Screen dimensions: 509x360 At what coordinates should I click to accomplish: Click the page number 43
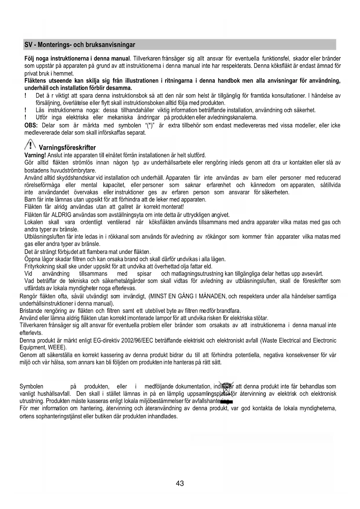(180, 483)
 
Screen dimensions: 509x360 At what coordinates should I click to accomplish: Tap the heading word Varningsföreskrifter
(67, 148)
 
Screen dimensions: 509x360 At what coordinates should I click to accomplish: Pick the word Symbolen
(31, 387)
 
